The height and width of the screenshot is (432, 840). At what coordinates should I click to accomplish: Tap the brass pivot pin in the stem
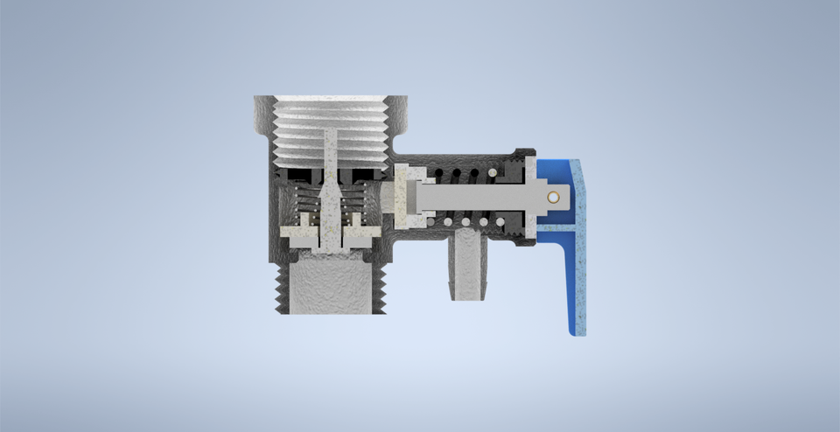(x=553, y=198)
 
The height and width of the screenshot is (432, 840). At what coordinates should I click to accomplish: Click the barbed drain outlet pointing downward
(x=467, y=267)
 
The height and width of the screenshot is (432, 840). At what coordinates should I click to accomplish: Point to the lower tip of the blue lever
(x=577, y=329)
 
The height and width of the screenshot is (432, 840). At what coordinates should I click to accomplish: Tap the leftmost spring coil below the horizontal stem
(x=448, y=222)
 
